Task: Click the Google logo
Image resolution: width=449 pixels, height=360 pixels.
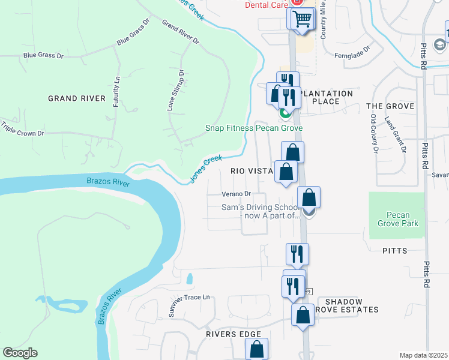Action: point(20,353)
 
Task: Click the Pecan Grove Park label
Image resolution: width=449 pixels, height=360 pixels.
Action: point(397,218)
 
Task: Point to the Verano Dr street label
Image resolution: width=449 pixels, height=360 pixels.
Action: point(236,194)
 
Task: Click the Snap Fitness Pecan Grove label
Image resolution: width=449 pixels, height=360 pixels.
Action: point(253,128)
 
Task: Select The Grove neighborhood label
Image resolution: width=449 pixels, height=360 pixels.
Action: point(390,106)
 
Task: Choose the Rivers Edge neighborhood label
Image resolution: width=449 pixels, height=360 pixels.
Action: point(234,334)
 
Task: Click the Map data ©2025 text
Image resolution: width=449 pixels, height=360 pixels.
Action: point(423,355)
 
